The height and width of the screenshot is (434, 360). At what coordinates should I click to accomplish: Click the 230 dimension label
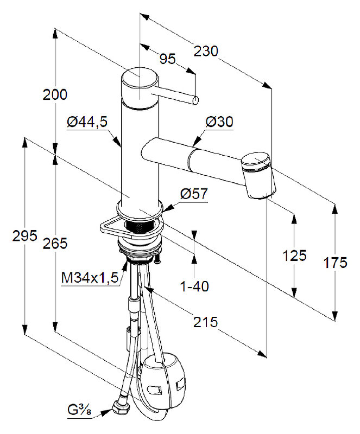(206, 51)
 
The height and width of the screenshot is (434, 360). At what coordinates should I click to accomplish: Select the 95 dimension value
(168, 59)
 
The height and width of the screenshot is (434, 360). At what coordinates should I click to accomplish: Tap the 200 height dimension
(55, 94)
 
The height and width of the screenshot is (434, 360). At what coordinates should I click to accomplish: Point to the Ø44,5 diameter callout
(87, 122)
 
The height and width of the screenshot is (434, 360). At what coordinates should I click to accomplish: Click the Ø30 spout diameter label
(219, 122)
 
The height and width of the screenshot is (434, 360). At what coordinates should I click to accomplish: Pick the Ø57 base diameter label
(194, 194)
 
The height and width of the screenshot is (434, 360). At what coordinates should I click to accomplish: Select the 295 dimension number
(24, 236)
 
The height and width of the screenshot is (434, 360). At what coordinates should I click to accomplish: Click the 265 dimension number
(55, 244)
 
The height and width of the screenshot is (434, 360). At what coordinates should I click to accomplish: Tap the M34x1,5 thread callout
(90, 278)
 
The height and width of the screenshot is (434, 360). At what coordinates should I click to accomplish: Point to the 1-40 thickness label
(194, 286)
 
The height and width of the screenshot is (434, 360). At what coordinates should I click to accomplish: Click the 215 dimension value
(206, 322)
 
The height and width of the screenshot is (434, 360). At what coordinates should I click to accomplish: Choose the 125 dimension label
(294, 255)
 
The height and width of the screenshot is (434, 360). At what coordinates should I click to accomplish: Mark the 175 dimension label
(336, 263)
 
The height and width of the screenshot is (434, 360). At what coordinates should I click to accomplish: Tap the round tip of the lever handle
(195, 100)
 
